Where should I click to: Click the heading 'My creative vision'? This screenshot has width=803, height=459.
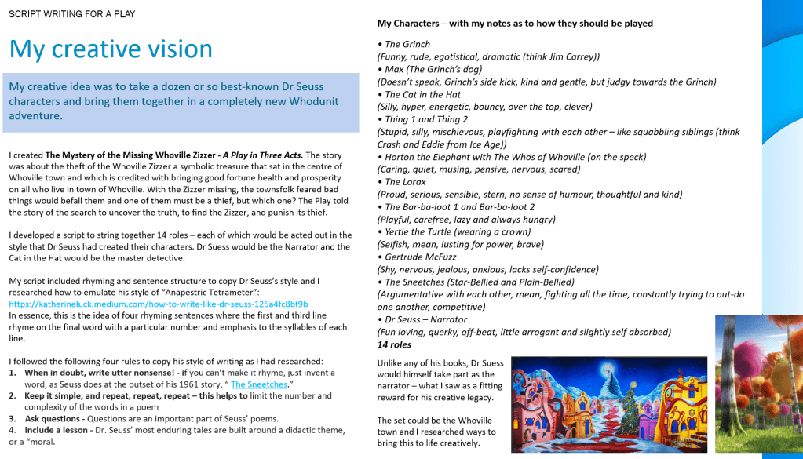click(x=111, y=49)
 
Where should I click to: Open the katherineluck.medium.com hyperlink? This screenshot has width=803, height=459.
click(x=158, y=304)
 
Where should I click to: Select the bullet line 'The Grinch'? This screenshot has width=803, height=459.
click(x=407, y=44)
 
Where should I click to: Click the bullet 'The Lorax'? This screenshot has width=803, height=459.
click(x=407, y=181)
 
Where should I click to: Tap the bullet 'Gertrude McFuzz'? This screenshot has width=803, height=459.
click(x=420, y=257)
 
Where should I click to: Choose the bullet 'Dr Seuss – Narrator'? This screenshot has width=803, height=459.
click(x=425, y=319)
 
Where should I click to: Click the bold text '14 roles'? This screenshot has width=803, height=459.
click(x=394, y=344)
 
